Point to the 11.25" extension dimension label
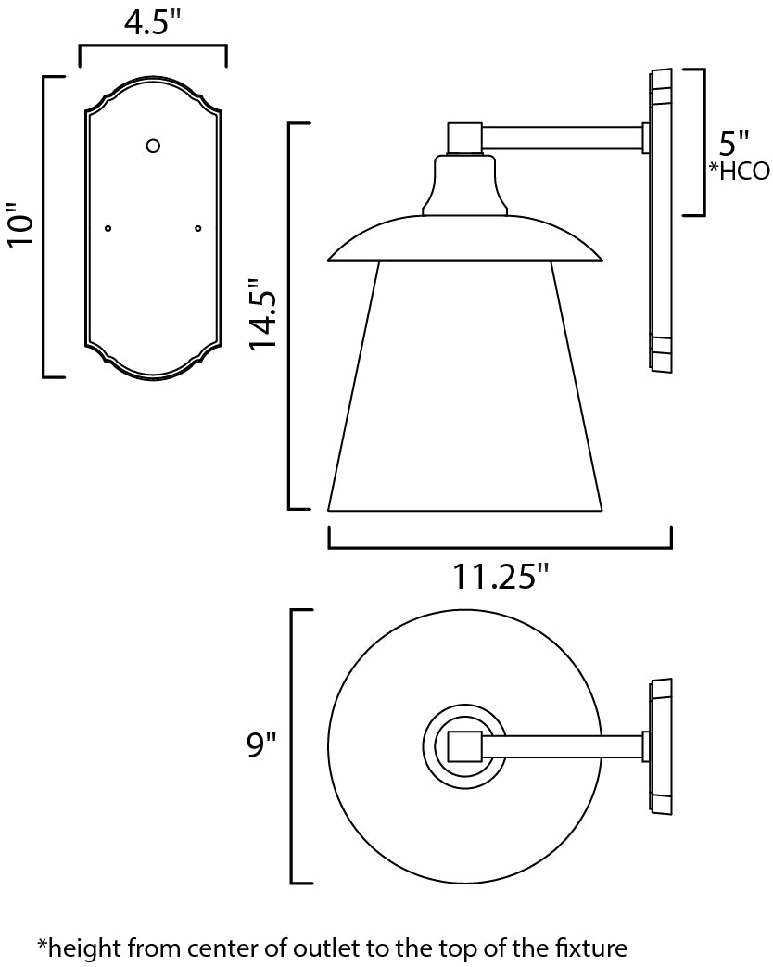[x=500, y=577]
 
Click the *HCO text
[x=739, y=171]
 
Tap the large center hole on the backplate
[x=153, y=146]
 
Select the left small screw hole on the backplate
[x=108, y=229]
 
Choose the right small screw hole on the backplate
[x=197, y=229]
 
